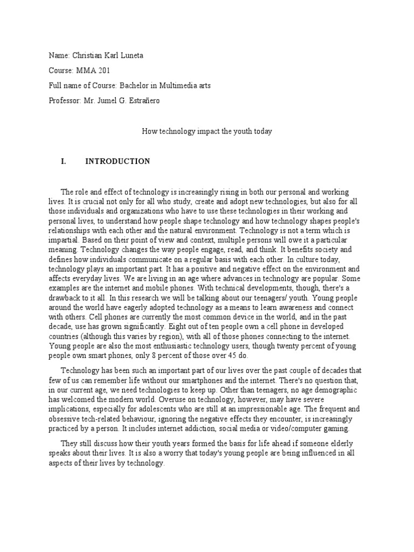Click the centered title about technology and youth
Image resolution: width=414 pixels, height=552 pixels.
(207, 130)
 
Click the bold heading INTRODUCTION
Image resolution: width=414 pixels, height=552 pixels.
(118, 161)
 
